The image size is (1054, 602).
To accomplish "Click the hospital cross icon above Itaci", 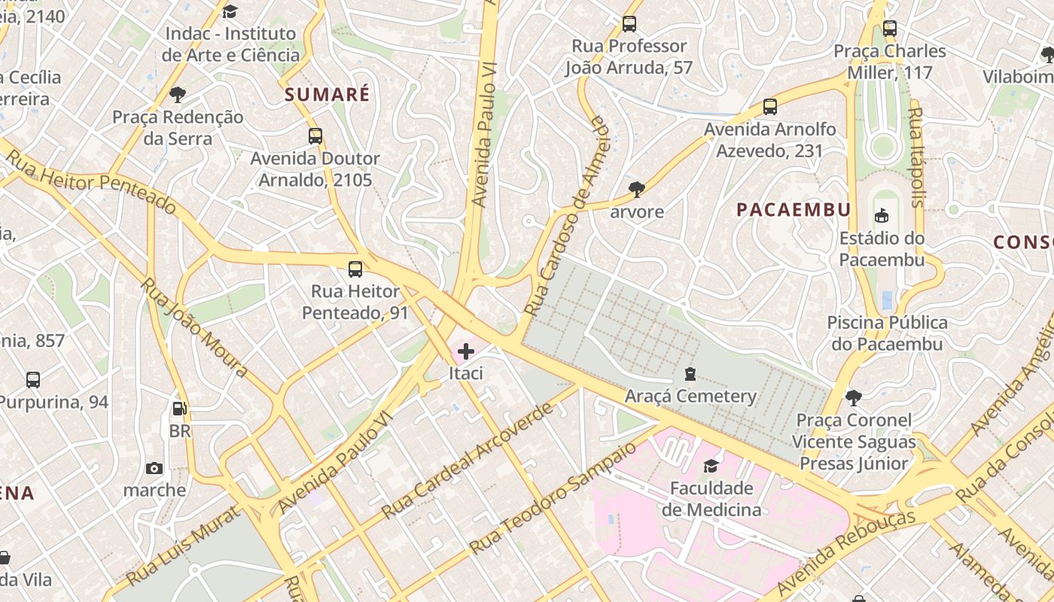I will point(466,351).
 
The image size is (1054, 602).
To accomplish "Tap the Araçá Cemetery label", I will point(690,396).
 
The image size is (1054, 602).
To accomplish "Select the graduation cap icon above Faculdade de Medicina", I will point(711,467).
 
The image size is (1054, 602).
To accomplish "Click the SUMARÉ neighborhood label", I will point(327,95).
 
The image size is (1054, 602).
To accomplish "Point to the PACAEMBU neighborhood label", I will point(794,210).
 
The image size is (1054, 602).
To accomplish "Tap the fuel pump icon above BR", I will point(180,409).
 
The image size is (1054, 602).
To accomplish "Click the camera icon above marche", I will point(154,468).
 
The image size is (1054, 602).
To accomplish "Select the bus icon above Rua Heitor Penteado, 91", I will point(355,269).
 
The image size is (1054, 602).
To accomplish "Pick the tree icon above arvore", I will point(637,189).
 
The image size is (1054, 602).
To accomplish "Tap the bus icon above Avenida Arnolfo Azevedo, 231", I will point(769,107).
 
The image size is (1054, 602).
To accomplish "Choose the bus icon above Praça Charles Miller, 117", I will point(890,29).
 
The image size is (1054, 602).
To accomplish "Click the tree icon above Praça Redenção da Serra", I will point(178,95).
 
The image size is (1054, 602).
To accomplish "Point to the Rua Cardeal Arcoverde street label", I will point(473,459).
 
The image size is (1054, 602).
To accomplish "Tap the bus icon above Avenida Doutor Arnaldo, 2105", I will point(315,136).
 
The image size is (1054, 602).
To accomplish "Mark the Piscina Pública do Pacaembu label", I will point(887,333).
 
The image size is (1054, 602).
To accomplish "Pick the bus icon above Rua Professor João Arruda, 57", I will point(629,24).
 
